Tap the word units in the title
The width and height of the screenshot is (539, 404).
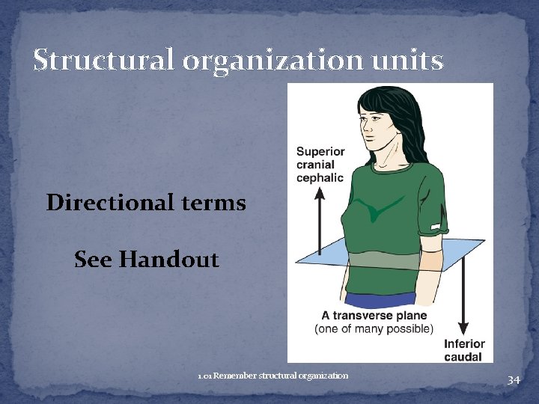click(411, 60)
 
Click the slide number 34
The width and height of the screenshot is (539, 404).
click(513, 380)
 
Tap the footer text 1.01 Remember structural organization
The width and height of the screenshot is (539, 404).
click(273, 375)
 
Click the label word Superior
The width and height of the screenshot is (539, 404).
click(320, 151)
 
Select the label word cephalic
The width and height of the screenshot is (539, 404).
click(320, 177)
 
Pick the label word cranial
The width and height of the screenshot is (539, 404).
click(315, 165)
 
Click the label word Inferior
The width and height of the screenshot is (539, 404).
click(464, 344)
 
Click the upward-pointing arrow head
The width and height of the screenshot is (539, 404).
click(320, 192)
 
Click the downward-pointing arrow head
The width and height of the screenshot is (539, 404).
click(463, 328)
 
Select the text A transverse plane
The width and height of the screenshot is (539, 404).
click(374, 316)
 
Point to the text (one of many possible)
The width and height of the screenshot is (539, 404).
click(374, 328)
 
